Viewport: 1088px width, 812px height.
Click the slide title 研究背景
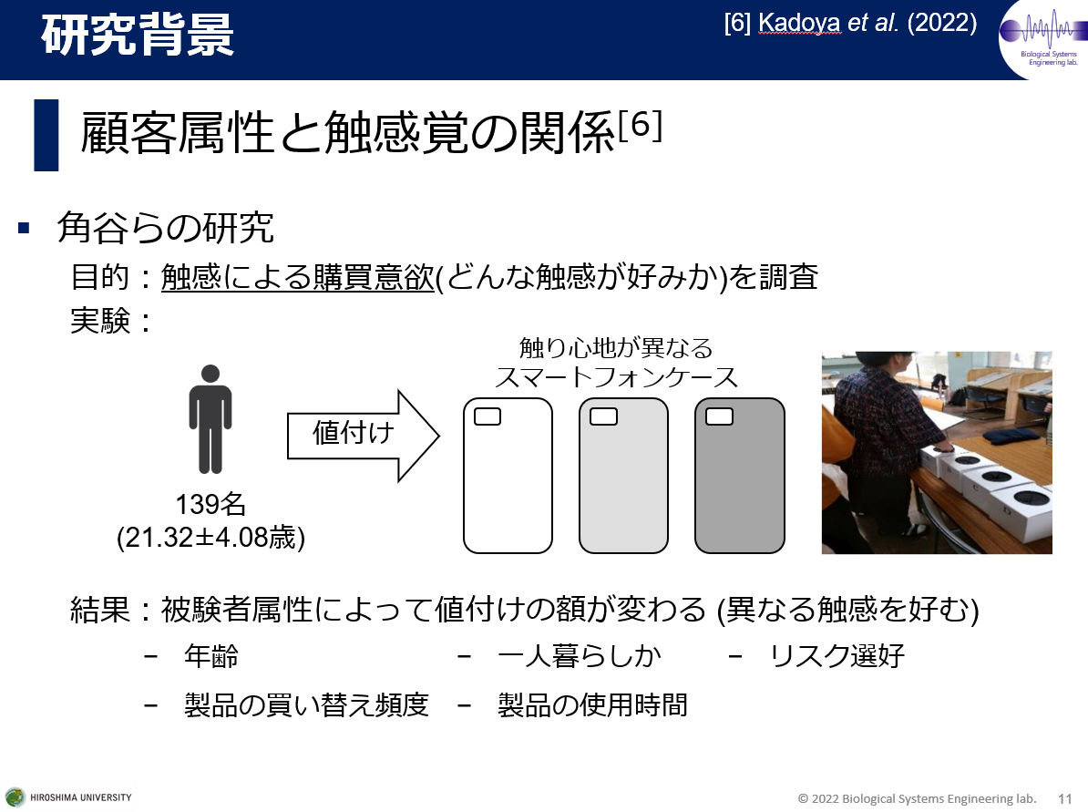pos(138,35)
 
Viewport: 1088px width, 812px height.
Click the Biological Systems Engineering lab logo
pos(1043,39)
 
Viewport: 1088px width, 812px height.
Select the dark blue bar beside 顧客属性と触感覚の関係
pos(46,135)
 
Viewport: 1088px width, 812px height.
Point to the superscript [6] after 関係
pos(640,126)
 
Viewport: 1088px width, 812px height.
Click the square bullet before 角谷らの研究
pos(25,227)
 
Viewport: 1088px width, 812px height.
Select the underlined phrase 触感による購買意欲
pos(298,277)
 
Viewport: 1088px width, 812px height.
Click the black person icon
pos(210,419)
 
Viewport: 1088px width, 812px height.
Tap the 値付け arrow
pos(363,435)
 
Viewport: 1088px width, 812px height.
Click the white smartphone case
pos(508,476)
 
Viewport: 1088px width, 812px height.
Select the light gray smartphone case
pos(624,476)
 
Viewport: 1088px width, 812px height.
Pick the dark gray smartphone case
pos(740,476)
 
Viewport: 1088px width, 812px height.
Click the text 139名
pos(210,505)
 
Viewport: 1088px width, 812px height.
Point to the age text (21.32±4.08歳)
pos(210,537)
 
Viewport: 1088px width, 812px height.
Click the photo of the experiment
pos(937,453)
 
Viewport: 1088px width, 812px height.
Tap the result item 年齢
pos(210,656)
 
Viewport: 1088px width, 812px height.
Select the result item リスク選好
pos(837,656)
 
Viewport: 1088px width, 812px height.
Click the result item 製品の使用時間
pos(592,705)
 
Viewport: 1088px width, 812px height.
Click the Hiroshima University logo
pos(68,797)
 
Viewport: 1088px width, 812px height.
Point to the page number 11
pos(1065,799)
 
